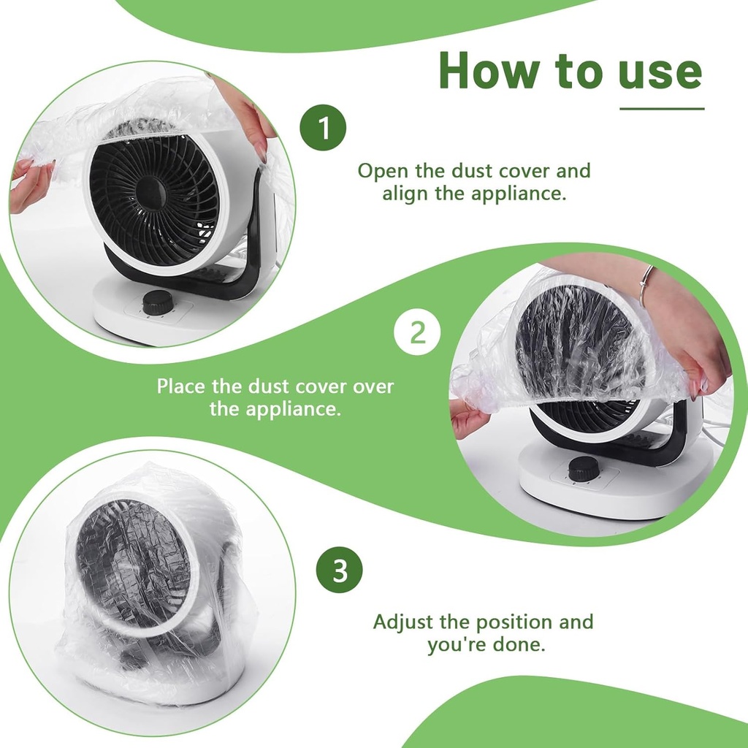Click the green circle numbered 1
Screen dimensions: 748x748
tap(323, 128)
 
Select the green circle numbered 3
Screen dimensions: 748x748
tap(339, 570)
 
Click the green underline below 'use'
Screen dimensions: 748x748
tap(662, 109)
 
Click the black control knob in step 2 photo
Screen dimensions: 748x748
tap(582, 468)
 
